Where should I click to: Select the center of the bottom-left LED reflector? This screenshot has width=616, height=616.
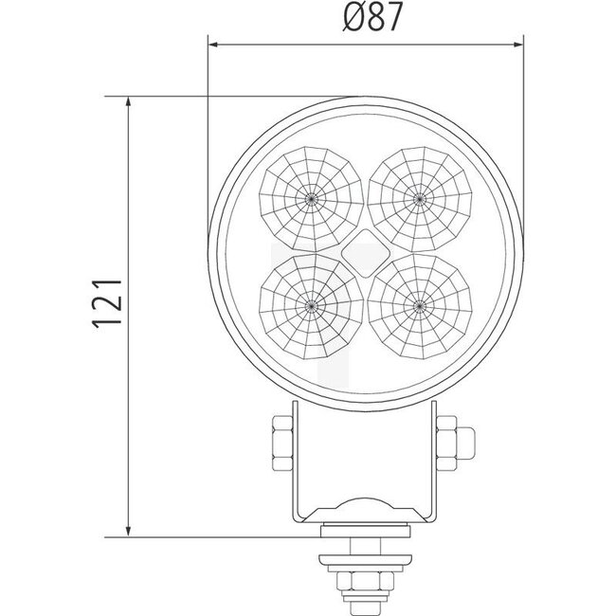(x=311, y=304)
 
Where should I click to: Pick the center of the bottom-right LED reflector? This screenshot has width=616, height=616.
(x=418, y=304)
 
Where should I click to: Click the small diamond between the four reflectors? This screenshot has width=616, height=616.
(x=365, y=251)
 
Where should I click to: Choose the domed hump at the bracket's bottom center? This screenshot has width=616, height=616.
(x=365, y=507)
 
